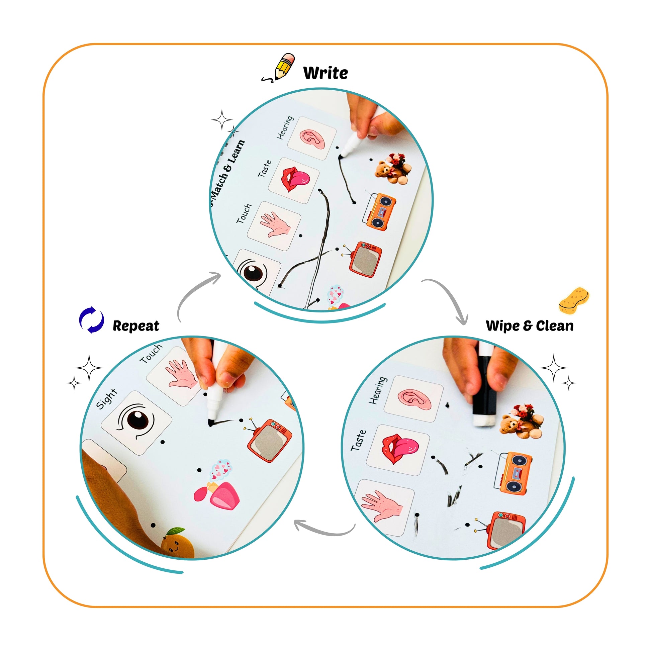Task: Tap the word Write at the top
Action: point(325,73)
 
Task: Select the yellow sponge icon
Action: point(574,300)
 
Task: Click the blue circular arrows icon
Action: point(91,320)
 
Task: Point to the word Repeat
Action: point(136,326)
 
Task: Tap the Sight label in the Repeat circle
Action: point(106,399)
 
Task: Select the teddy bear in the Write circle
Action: point(393,169)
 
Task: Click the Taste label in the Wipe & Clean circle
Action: point(358,440)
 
